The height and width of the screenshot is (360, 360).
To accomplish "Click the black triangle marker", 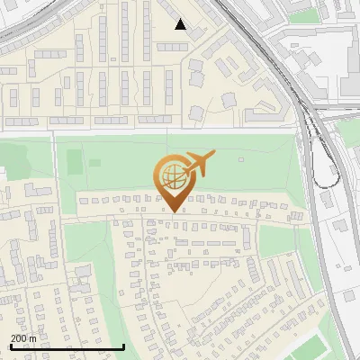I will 181,24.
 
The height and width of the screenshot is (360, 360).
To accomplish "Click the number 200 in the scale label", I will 19,338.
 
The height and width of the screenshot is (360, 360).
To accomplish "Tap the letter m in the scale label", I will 33,338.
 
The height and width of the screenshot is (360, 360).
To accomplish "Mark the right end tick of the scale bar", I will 124,345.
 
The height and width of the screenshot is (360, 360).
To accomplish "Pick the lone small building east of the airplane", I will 241,160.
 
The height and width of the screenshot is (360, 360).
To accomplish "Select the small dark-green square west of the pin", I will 95,163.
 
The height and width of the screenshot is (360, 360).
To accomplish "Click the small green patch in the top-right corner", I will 306,14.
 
